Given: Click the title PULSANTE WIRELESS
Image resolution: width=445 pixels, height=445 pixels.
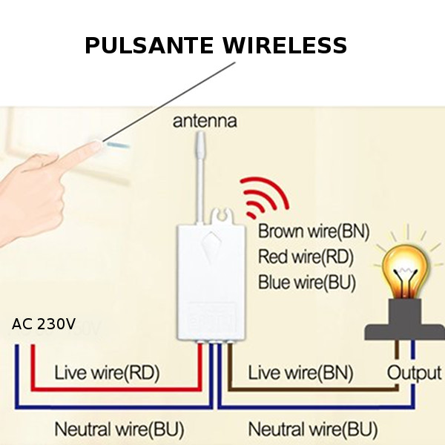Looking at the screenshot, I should click(x=216, y=46).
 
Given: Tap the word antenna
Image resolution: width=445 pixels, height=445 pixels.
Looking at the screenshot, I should click(x=205, y=120).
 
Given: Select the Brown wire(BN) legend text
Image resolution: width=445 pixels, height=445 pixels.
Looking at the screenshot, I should click(x=314, y=231).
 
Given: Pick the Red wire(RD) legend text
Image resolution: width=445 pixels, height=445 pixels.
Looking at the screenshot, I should click(x=306, y=257).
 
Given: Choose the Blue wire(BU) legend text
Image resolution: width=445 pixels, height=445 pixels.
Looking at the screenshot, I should click(x=307, y=283).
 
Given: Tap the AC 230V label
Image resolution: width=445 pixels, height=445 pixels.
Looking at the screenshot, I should click(x=44, y=324).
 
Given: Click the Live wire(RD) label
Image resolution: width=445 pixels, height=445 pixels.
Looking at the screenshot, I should click(x=107, y=372).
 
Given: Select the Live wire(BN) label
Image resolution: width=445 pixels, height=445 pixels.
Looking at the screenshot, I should click(x=300, y=372).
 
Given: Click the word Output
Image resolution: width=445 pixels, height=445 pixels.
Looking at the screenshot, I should click(x=414, y=372).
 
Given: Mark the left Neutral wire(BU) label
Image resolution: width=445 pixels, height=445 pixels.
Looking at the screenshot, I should click(x=119, y=429).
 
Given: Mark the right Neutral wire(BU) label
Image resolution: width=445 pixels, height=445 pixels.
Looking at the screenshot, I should click(x=312, y=429).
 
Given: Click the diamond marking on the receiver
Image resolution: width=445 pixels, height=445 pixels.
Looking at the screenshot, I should click(x=213, y=244).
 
